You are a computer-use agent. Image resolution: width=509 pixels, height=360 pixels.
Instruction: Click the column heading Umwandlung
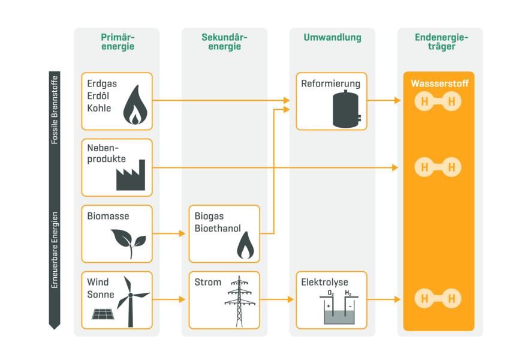(332, 37)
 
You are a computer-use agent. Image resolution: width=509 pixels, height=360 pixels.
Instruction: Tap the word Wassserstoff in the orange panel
(439, 83)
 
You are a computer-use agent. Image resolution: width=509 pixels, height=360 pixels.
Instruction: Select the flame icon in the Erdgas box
(135, 104)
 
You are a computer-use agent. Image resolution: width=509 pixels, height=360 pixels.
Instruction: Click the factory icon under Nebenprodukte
(131, 175)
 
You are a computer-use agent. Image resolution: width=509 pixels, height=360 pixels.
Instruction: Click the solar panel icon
(103, 314)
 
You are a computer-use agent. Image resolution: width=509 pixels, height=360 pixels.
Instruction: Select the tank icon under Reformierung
(347, 109)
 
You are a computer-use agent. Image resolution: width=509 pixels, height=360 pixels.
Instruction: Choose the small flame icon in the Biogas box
(246, 245)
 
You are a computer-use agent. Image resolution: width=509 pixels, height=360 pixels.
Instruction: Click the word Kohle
(99, 108)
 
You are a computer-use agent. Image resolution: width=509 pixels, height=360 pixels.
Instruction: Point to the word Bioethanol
(218, 229)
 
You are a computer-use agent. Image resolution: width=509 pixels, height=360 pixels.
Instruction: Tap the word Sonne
(101, 295)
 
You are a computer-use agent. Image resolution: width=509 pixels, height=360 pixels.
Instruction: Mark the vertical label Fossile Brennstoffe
(55, 110)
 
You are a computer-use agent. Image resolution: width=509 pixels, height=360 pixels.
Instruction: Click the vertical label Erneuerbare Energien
(55, 250)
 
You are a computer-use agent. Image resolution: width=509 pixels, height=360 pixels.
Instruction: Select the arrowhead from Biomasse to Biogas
(182, 233)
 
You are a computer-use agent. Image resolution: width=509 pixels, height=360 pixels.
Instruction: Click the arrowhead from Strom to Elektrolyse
(290, 299)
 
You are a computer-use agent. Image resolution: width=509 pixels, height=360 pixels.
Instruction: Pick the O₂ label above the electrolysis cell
(331, 293)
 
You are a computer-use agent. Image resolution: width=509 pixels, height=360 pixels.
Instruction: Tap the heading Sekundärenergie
(224, 42)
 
